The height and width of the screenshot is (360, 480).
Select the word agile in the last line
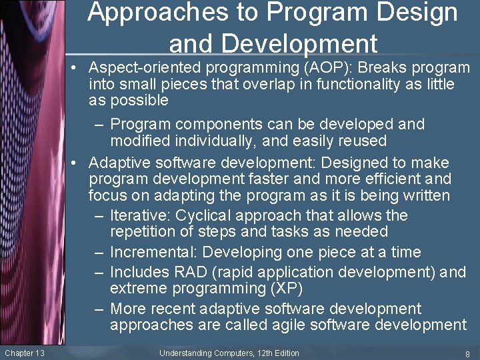click(x=308, y=325)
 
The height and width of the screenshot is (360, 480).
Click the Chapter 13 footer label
click(x=24, y=353)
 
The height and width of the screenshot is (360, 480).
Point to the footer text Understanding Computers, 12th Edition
click(x=229, y=353)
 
